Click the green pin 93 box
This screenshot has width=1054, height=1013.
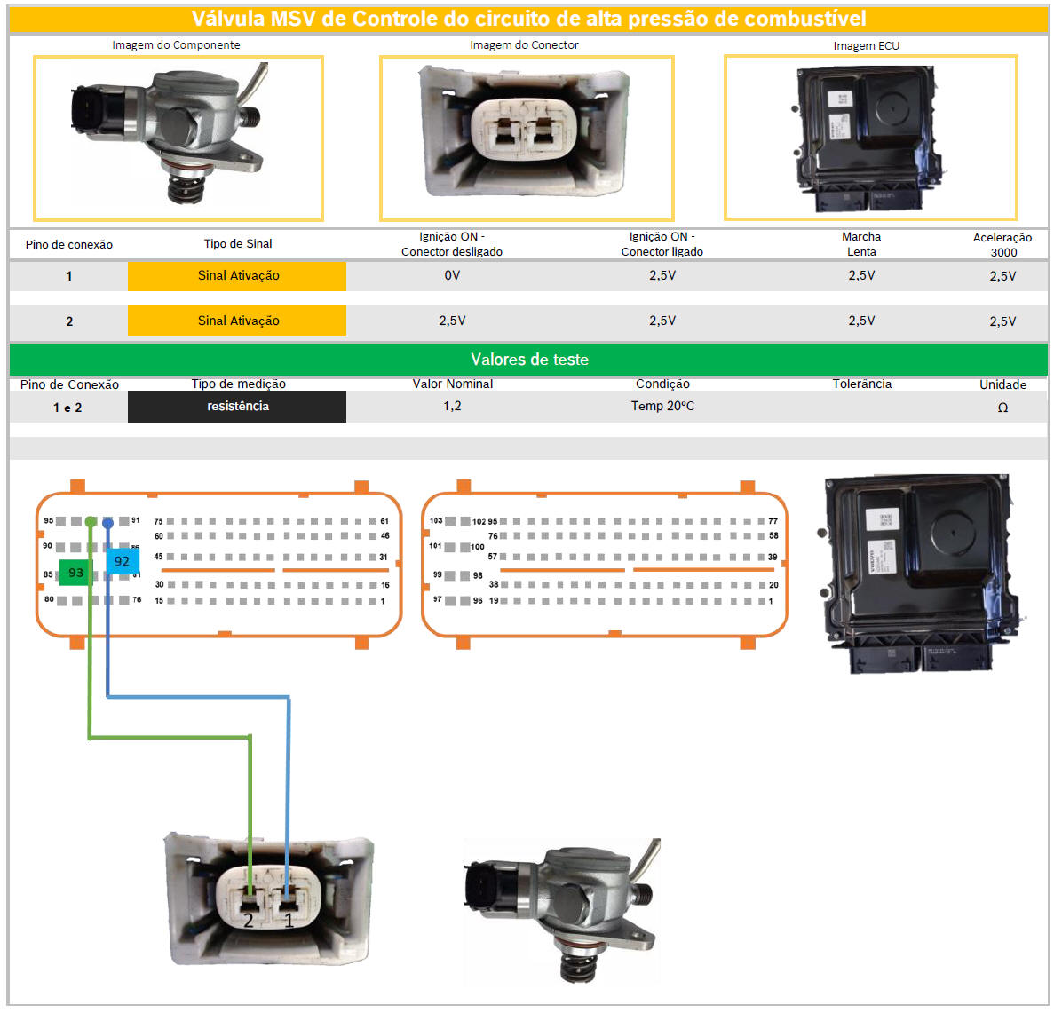click(75, 573)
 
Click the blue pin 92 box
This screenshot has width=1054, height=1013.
click(122, 561)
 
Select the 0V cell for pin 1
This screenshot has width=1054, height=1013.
click(452, 275)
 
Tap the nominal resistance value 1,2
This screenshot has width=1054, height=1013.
click(452, 406)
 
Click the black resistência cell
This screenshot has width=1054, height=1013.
click(237, 406)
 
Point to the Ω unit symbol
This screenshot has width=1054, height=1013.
click(1002, 408)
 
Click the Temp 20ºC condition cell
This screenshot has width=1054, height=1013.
click(662, 406)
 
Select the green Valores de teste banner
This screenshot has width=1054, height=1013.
click(528, 360)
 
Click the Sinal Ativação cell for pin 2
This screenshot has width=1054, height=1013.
click(237, 321)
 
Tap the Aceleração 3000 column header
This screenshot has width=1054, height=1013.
click(1002, 244)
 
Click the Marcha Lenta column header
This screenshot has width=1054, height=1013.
click(861, 244)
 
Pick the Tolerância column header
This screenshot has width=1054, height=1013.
click(861, 384)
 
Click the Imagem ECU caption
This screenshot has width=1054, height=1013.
click(866, 45)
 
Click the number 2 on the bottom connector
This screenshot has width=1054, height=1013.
click(249, 921)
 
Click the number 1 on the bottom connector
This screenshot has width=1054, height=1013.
click(289, 921)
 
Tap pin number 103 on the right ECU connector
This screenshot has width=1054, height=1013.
click(436, 521)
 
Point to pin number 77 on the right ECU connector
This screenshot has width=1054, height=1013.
click(773, 521)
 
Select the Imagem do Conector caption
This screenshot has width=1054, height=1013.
click(524, 44)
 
